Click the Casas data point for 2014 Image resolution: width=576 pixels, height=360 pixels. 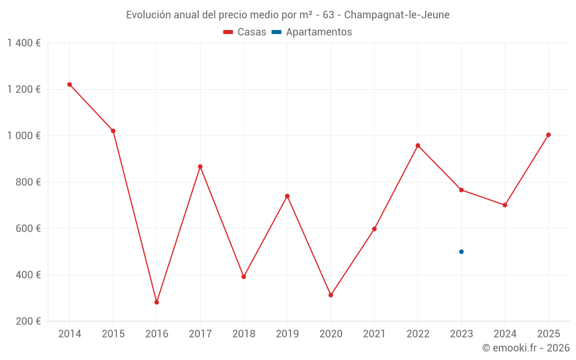[70, 85]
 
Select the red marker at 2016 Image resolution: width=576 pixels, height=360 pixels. [157, 302]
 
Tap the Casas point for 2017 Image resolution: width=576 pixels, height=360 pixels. [200, 166]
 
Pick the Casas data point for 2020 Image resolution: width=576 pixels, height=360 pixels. [331, 295]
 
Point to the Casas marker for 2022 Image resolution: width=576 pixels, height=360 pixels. [418, 146]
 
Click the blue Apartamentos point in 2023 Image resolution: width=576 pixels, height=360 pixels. [461, 252]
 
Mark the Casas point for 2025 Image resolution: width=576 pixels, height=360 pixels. [548, 135]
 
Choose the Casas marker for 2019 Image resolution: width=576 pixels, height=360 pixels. [287, 196]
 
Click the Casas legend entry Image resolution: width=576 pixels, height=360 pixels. [245, 32]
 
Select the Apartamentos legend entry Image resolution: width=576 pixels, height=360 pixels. [312, 32]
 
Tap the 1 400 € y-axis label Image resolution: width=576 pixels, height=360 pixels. [24, 43]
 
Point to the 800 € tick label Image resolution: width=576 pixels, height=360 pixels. [29, 182]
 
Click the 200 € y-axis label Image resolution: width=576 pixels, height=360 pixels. [29, 321]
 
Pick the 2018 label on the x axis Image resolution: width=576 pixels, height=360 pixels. [244, 334]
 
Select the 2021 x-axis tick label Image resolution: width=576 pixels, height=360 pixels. [374, 334]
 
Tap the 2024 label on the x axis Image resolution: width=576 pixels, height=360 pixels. [505, 334]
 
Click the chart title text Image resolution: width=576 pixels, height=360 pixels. [288, 15]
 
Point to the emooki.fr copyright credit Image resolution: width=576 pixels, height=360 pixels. [526, 348]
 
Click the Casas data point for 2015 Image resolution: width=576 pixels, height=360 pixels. [113, 131]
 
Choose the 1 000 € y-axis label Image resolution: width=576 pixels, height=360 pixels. [24, 136]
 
